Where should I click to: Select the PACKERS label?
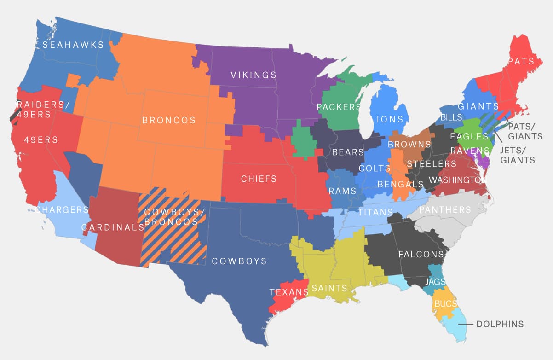coord(339,107)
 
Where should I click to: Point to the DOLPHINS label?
coord(500,324)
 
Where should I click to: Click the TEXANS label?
coord(288,292)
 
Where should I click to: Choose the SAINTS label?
coord(329,289)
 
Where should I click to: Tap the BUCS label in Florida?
coord(445,304)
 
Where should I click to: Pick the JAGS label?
coord(435,281)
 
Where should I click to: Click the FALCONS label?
coord(421,254)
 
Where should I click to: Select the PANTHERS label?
coord(445,210)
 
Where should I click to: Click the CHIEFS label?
coord(259,179)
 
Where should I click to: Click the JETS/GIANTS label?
coord(517,155)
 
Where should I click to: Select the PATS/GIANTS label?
coord(524,132)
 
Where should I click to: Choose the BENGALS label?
coord(400,184)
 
